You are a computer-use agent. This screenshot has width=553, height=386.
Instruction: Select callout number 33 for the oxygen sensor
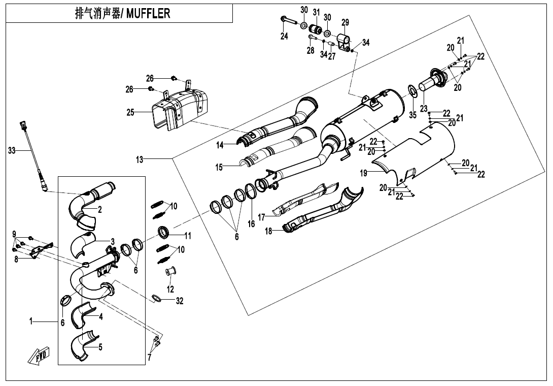pyautogui.click(x=13, y=150)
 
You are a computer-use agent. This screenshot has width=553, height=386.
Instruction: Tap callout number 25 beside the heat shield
pyautogui.click(x=131, y=112)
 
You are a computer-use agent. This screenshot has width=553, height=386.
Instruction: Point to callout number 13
pyautogui.click(x=140, y=159)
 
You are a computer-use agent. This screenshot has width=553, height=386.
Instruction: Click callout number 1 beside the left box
pyautogui.click(x=31, y=321)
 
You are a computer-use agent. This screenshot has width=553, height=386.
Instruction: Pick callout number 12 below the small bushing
pyautogui.click(x=170, y=289)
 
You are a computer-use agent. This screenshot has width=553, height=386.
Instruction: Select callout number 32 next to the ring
pyautogui.click(x=179, y=301)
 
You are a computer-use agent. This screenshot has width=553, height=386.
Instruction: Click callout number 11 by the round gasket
pyautogui.click(x=188, y=236)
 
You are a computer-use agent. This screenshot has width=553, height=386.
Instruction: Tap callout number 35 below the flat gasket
pyautogui.click(x=413, y=115)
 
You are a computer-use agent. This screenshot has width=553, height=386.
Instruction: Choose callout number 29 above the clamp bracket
pyautogui.click(x=345, y=22)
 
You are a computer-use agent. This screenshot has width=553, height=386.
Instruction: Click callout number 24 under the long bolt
pyautogui.click(x=284, y=36)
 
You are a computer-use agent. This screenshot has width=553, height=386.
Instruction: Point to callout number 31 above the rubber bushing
pyautogui.click(x=316, y=12)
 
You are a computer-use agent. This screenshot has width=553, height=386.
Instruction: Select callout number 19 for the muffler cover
pyautogui.click(x=364, y=173)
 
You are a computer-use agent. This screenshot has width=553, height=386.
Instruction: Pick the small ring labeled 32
pyautogui.click(x=157, y=299)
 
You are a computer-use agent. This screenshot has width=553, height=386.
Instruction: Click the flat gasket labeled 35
pyautogui.click(x=412, y=92)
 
